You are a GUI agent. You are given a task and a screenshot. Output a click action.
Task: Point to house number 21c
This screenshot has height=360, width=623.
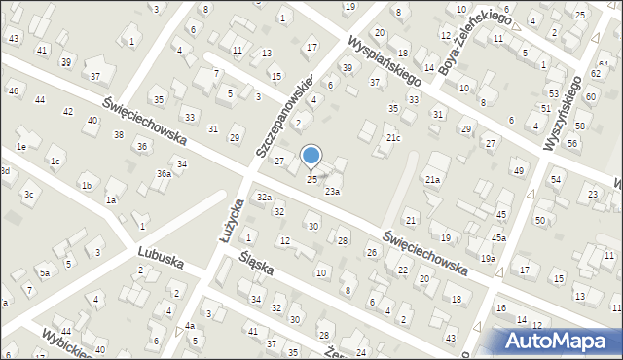pos(392,139)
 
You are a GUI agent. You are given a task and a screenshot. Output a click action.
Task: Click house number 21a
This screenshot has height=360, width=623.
pos(433,180)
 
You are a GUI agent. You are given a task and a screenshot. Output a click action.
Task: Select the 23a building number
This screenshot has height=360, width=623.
pos(332,192)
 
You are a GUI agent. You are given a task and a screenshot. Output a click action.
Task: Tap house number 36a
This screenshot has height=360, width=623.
pos(164,174)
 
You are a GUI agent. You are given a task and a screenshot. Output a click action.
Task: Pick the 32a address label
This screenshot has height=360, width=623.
pos(263,198)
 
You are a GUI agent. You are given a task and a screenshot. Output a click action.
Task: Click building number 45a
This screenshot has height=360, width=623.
pos(497,238)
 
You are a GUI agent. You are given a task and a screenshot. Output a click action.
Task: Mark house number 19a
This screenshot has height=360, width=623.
pos(487,258)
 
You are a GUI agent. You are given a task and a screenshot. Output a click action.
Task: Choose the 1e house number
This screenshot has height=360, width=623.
pos(20,147)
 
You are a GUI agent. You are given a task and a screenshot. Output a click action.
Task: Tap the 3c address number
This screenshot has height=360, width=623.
pos(29,195)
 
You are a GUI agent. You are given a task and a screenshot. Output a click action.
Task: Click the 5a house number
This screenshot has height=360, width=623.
pos(44,272)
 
